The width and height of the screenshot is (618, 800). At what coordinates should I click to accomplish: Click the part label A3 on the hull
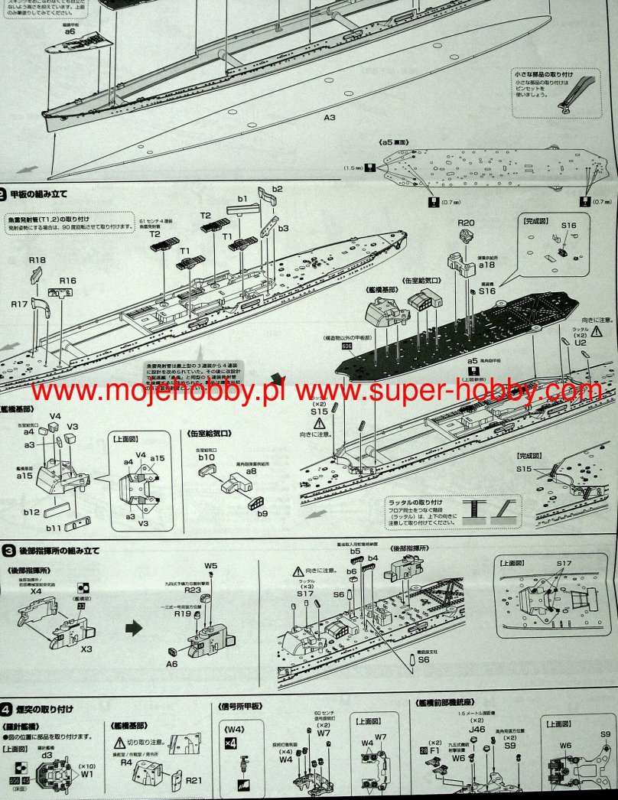pos(330,118)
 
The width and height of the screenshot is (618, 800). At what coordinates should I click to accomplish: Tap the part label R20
pos(467,223)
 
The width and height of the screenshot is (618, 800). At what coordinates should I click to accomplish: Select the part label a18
pos(487,264)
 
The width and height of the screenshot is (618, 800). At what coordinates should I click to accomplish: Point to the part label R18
pos(37,260)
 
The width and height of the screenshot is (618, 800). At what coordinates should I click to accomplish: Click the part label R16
pos(68,281)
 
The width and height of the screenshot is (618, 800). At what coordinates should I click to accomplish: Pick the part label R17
pos(20,304)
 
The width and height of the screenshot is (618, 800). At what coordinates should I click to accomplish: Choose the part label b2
pos(277,189)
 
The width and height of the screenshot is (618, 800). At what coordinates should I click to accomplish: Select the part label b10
pos(207,457)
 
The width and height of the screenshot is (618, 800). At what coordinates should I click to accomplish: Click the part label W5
pos(211,566)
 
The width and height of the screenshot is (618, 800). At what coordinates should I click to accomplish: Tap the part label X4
pos(35,591)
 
